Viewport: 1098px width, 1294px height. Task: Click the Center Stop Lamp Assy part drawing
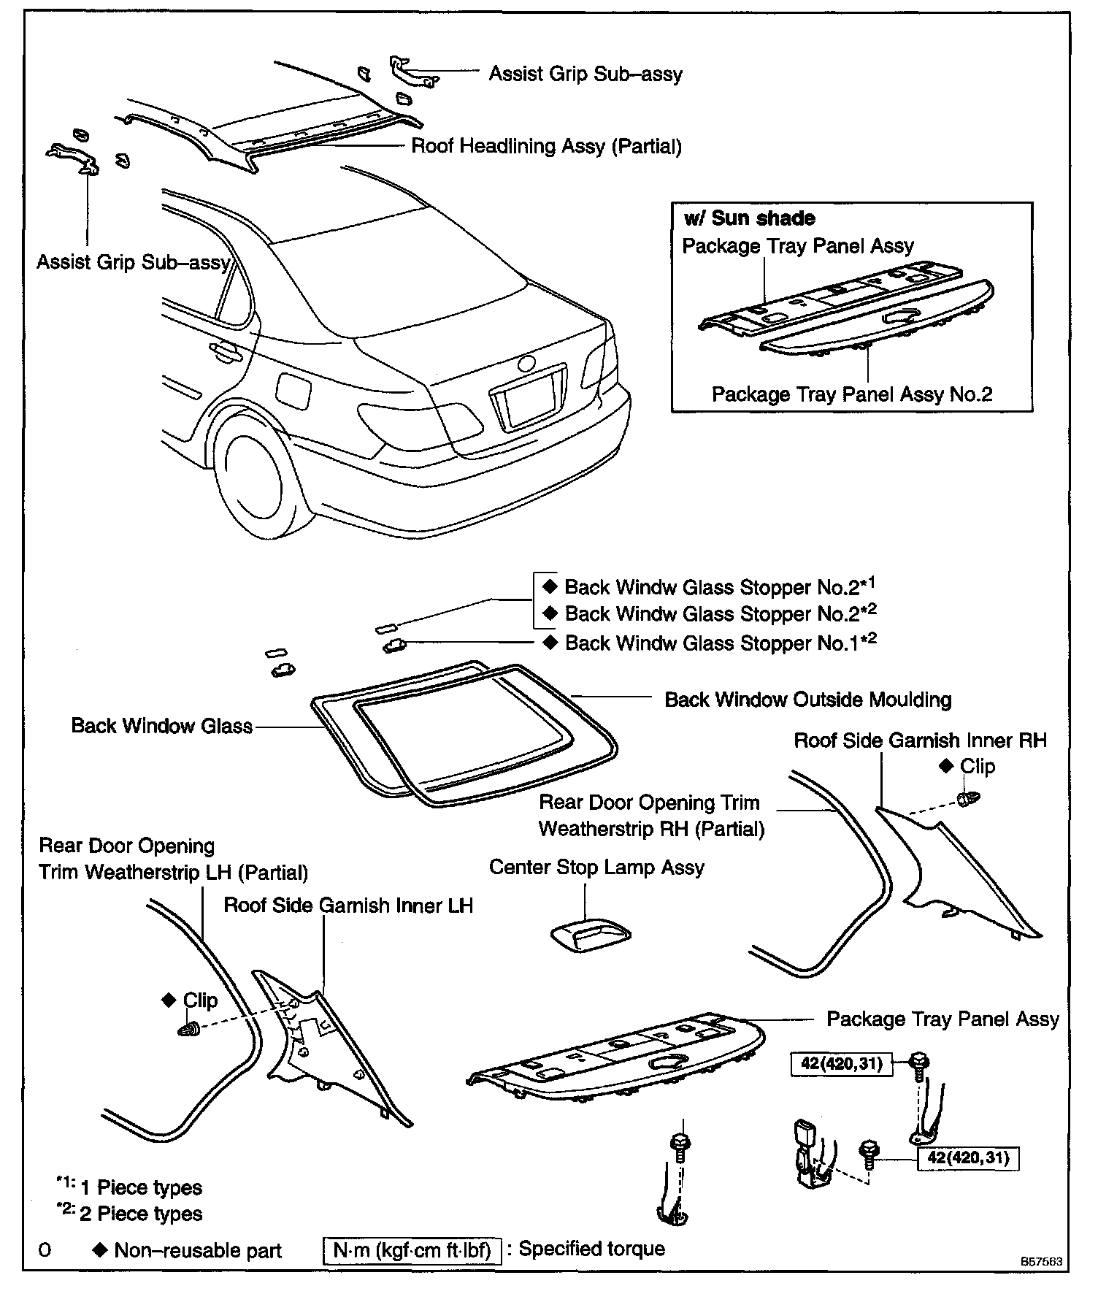(590, 935)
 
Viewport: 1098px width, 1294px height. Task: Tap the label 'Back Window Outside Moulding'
(807, 700)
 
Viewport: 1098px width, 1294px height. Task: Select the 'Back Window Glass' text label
(161, 726)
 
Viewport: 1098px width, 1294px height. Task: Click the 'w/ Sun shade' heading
(749, 218)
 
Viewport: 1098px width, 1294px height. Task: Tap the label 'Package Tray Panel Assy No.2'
(851, 394)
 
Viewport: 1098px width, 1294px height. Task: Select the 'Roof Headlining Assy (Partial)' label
(546, 146)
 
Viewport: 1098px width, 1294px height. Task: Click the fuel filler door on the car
(293, 394)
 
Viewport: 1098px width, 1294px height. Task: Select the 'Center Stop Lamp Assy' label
(596, 868)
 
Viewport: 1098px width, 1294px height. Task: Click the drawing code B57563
(1042, 1261)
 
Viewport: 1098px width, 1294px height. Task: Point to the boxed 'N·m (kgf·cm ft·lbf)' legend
(412, 1249)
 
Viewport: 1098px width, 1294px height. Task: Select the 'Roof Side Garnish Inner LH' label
(348, 906)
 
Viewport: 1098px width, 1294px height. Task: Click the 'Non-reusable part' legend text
(197, 1251)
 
